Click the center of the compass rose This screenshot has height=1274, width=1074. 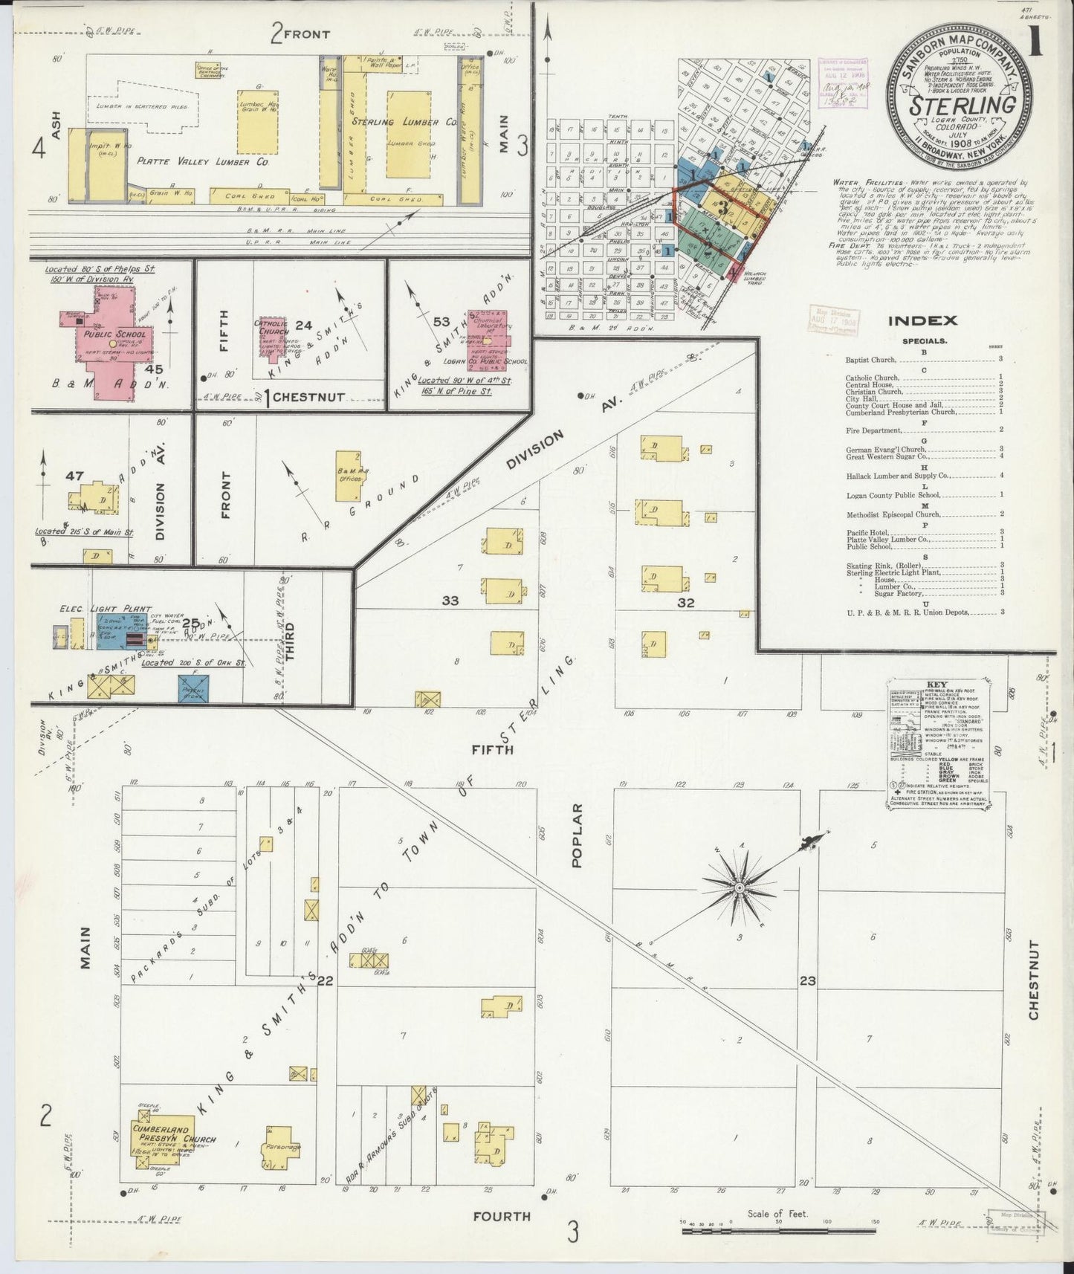(740, 887)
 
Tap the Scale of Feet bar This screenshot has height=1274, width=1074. (779, 1232)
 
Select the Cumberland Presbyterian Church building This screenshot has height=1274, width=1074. (162, 1156)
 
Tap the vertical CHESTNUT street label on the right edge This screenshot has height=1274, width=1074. (1035, 979)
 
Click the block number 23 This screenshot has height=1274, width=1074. (807, 980)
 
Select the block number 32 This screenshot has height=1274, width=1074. (685, 603)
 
